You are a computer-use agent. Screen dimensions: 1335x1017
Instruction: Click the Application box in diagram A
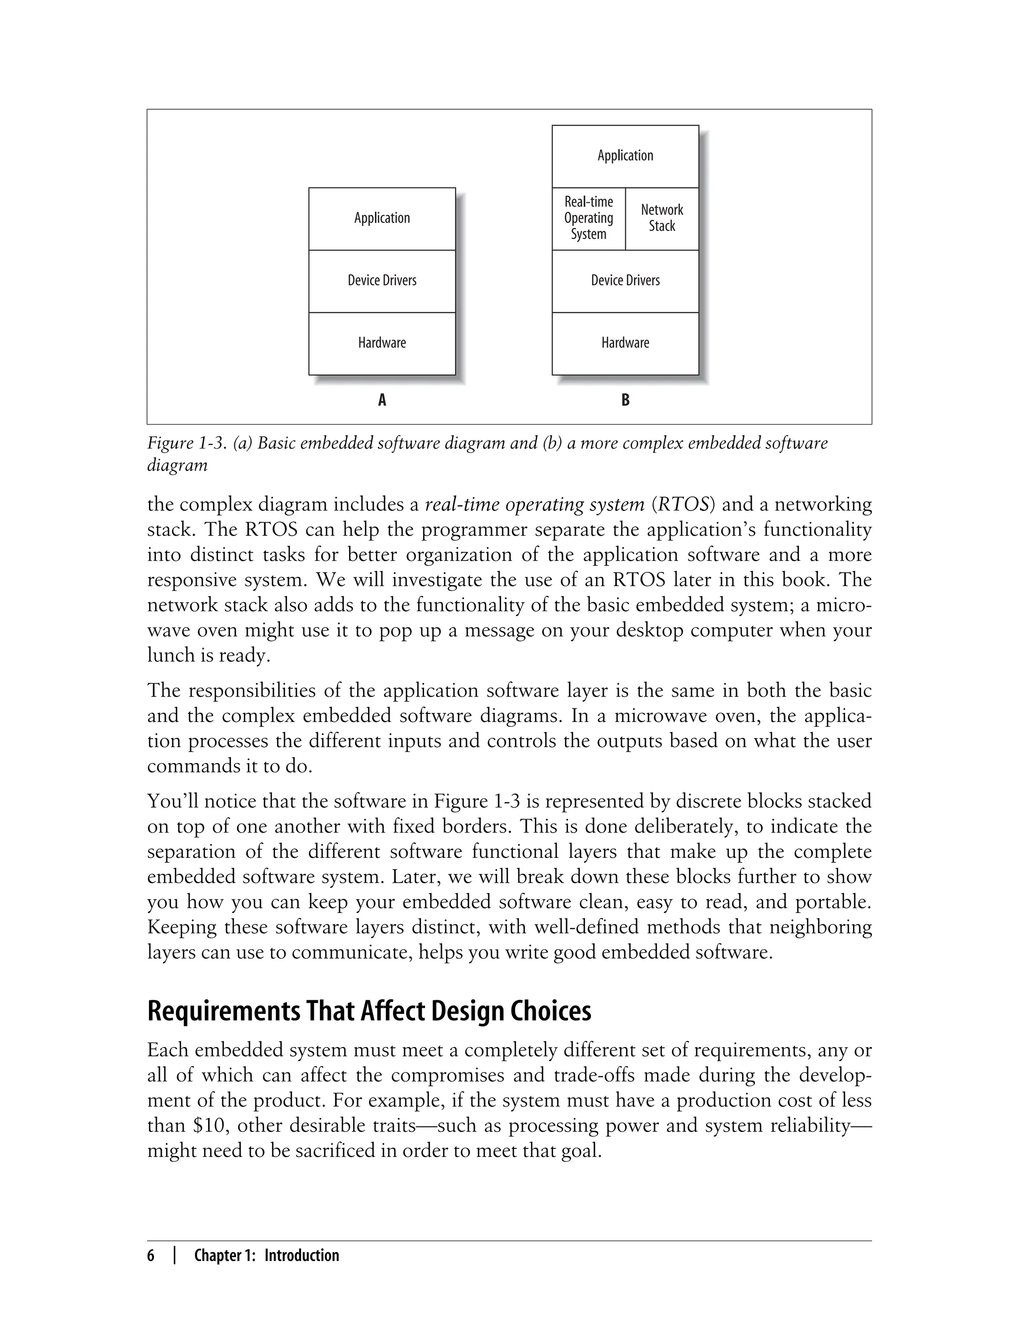pos(382,218)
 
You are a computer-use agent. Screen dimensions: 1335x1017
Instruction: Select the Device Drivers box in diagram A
pos(382,281)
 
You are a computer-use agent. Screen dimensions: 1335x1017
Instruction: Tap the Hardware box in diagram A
pos(382,343)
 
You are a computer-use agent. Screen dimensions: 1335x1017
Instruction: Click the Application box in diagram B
pos(625,156)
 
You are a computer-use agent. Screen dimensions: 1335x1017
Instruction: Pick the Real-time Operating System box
pos(588,218)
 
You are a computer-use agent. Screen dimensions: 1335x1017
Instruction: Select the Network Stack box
pos(661,218)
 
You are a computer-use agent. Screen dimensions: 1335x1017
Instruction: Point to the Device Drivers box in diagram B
pos(625,281)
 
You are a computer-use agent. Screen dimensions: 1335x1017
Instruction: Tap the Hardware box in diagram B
pos(625,343)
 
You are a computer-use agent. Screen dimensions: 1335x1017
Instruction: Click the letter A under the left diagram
pos(382,400)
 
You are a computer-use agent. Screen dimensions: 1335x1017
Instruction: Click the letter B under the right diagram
pos(625,400)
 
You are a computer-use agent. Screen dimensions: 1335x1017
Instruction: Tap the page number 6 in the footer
pos(151,1256)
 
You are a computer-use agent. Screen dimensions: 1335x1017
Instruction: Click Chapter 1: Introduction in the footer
pos(266,1256)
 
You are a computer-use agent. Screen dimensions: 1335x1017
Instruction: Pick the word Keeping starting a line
pos(181,927)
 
